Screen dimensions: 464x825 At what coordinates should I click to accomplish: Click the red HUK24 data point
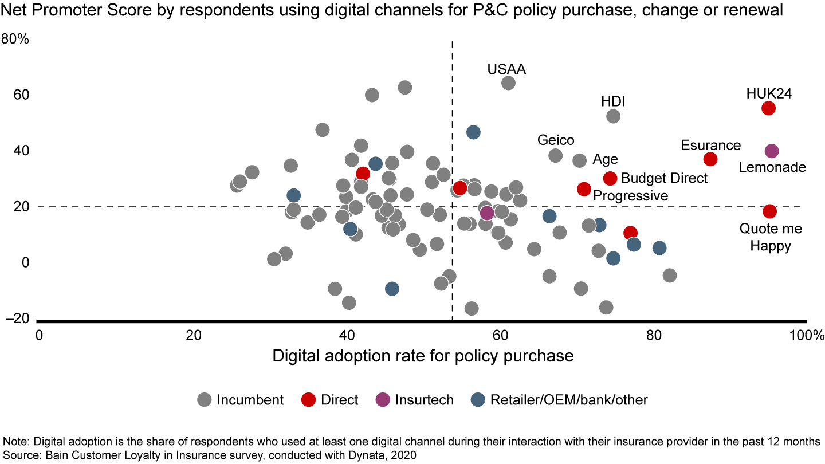pyautogui.click(x=768, y=108)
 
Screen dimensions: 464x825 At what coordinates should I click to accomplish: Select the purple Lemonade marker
pyautogui.click(x=772, y=151)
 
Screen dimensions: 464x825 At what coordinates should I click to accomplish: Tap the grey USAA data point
pyautogui.click(x=508, y=83)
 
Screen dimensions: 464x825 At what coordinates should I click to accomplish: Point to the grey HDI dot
pyautogui.click(x=613, y=116)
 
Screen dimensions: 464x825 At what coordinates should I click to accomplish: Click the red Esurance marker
pyautogui.click(x=710, y=159)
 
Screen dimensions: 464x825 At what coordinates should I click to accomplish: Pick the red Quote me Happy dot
pyautogui.click(x=769, y=211)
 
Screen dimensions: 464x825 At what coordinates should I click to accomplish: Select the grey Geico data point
pyautogui.click(x=555, y=155)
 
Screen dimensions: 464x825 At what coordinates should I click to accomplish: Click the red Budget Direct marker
pyautogui.click(x=610, y=178)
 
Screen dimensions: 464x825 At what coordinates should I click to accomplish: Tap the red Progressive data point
pyautogui.click(x=584, y=189)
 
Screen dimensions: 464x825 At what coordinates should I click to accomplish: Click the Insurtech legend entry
pyautogui.click(x=416, y=400)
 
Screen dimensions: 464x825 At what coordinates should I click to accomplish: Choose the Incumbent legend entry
pyautogui.click(x=241, y=400)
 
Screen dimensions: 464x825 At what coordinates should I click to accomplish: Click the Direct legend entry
pyautogui.click(x=332, y=400)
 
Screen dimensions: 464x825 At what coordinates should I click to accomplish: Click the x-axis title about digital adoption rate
pyautogui.click(x=423, y=356)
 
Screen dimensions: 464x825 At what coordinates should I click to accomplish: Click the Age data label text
pyautogui.click(x=606, y=159)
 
